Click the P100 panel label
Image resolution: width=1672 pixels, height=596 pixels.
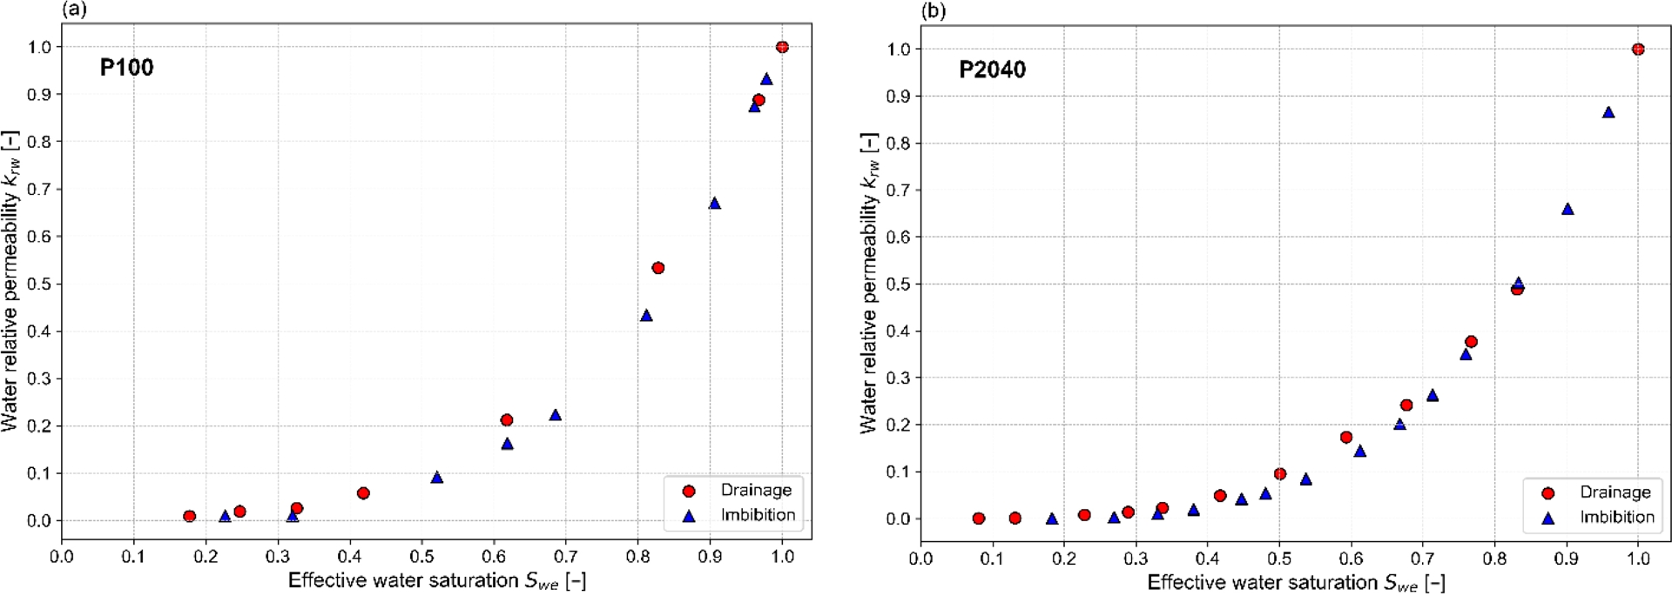tap(126, 68)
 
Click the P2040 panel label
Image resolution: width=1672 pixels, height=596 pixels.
tap(992, 70)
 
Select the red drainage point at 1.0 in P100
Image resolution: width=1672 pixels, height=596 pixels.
tap(782, 47)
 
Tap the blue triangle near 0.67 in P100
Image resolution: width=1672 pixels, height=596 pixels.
tap(715, 204)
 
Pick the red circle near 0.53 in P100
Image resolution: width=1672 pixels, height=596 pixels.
tap(658, 268)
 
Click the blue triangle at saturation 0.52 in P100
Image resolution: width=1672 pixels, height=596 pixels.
tap(437, 478)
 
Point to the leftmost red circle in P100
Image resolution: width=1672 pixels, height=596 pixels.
tap(190, 516)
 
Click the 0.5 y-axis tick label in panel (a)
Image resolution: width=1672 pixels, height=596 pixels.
tap(40, 284)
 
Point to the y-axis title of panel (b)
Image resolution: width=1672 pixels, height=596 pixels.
tap(869, 283)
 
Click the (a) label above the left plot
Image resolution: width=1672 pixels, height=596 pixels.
tap(74, 10)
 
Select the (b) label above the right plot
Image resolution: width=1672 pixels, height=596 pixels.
tap(934, 10)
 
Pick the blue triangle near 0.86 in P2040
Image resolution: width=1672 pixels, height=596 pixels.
tap(1608, 112)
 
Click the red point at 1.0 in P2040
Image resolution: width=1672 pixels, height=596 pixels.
tap(1638, 50)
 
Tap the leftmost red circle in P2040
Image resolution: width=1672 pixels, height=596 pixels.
tap(979, 519)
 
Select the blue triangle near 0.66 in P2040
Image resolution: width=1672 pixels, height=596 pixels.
tap(1567, 209)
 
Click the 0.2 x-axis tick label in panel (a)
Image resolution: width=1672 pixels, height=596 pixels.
tap(206, 556)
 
